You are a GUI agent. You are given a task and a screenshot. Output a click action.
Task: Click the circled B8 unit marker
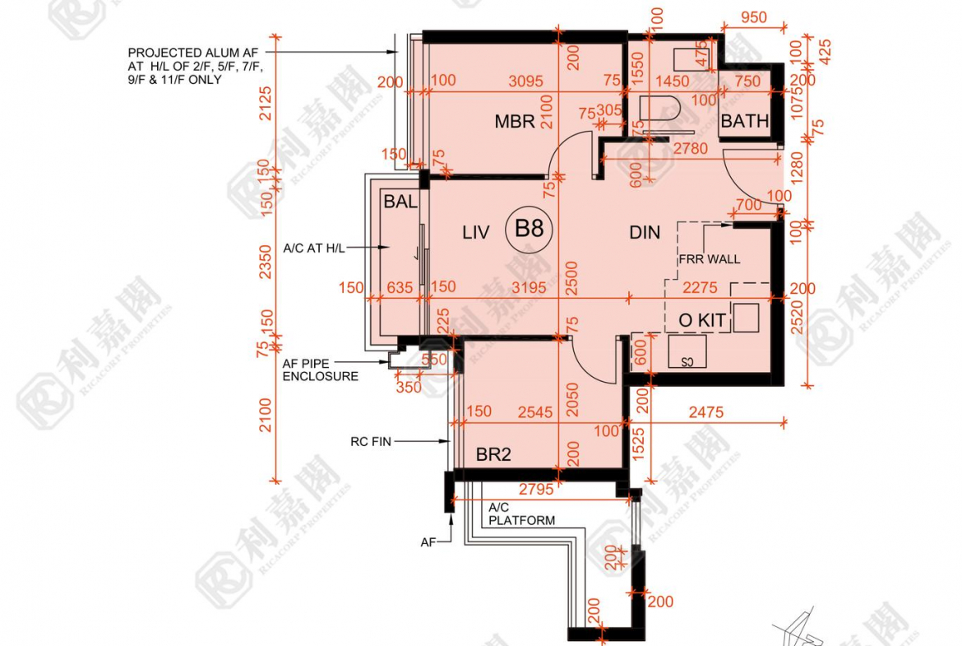click(529, 229)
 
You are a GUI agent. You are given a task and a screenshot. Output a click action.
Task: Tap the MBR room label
click(515, 122)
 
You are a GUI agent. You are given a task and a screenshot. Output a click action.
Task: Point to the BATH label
click(744, 121)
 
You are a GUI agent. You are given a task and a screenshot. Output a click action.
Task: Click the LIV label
click(475, 233)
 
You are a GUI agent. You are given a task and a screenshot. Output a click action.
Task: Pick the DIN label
click(645, 233)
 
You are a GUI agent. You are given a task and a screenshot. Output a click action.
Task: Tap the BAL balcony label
click(400, 201)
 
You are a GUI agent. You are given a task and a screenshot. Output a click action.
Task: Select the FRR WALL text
click(709, 259)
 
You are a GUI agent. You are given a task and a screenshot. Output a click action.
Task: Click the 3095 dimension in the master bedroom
click(526, 81)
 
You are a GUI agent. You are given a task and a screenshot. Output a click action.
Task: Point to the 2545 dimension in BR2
click(536, 411)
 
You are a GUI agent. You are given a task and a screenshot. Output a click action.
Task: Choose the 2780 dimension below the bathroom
click(689, 149)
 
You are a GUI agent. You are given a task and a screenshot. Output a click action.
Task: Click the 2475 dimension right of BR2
click(705, 411)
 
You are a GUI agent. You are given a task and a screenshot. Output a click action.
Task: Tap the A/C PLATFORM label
click(521, 514)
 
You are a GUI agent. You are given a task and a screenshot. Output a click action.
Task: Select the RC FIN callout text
click(370, 442)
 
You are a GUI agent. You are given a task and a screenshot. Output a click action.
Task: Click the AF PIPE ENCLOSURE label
click(321, 369)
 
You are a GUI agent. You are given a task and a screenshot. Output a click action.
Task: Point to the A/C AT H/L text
click(313, 247)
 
